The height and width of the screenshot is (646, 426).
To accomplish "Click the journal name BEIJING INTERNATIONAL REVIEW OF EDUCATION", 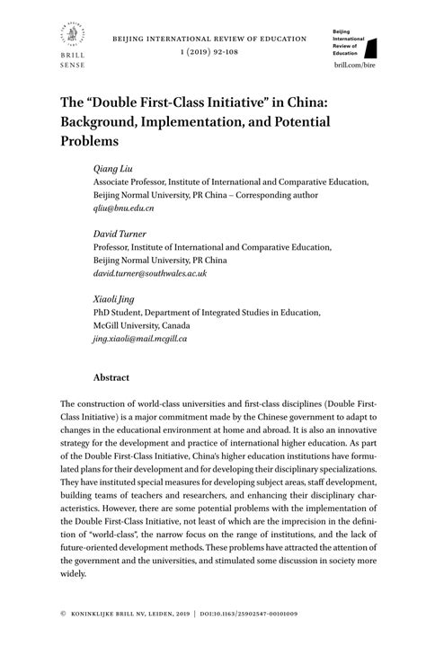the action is tap(209, 40).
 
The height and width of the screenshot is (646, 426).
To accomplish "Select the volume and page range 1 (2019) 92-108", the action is tap(209, 53).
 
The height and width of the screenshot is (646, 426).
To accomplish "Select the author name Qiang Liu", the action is tap(111, 168).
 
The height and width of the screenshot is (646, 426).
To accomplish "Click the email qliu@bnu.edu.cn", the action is tap(124, 208).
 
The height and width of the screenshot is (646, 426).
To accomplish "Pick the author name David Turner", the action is tap(120, 234).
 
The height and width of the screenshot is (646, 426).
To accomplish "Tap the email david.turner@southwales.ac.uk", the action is tap(150, 273).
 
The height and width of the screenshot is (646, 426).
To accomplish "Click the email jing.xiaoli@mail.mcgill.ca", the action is tap(140, 339).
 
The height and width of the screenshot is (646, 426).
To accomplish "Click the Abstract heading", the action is tap(111, 378).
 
